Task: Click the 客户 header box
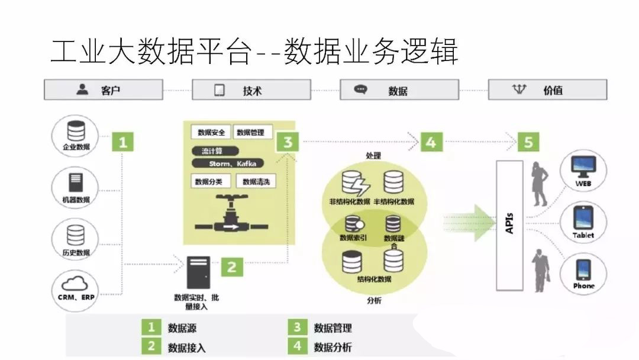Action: [103, 90]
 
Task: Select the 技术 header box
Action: [251, 90]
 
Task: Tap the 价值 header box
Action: [547, 90]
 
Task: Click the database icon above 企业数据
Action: [76, 130]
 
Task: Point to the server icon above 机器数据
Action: [76, 182]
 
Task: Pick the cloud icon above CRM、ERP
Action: [76, 282]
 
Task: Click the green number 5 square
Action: [528, 142]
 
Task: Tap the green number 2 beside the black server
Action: [232, 266]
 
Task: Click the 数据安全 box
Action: [211, 132]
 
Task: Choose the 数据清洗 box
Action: [256, 181]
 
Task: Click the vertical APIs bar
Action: [509, 225]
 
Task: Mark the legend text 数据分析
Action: [333, 347]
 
